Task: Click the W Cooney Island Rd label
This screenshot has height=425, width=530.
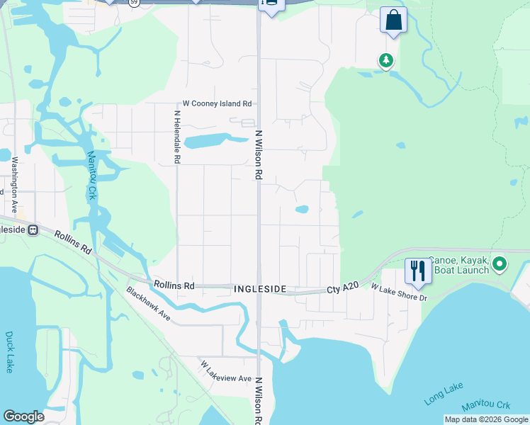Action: (x=217, y=103)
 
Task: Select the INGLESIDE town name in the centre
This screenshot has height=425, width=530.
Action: (x=260, y=290)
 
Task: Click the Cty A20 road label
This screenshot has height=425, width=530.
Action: (x=343, y=289)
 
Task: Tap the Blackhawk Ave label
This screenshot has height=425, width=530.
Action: (x=148, y=302)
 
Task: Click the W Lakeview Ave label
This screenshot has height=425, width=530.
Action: (x=226, y=371)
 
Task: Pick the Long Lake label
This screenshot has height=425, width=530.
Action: (x=444, y=393)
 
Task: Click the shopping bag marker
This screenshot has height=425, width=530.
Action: (x=393, y=20)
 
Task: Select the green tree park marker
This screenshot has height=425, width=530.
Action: (x=385, y=61)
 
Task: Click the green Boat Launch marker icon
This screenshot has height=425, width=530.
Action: (x=500, y=265)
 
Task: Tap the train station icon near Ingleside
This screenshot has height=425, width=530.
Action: (x=33, y=230)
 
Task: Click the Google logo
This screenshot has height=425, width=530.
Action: (x=24, y=416)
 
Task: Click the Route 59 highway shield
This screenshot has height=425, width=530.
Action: (x=134, y=2)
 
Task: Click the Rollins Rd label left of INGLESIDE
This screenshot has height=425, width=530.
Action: (x=174, y=285)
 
